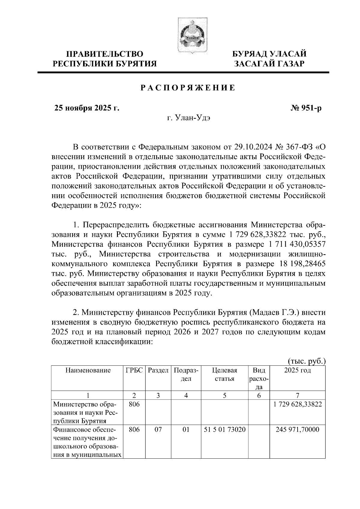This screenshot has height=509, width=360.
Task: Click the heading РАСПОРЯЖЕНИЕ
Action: coord(188,88)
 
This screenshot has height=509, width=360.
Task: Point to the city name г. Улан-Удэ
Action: coord(189,118)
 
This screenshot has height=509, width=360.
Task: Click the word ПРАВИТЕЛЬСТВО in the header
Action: coord(105,54)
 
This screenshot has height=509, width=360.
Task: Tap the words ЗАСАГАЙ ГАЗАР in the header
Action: coord(270,64)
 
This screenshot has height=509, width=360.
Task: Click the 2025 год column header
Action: coord(297,371)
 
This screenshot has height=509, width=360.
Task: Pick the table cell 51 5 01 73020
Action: coord(225,430)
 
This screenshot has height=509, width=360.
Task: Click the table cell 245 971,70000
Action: coord(297,430)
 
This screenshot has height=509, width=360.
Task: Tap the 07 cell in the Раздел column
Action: coord(158,430)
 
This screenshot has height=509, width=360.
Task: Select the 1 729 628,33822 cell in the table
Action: coord(297,404)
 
